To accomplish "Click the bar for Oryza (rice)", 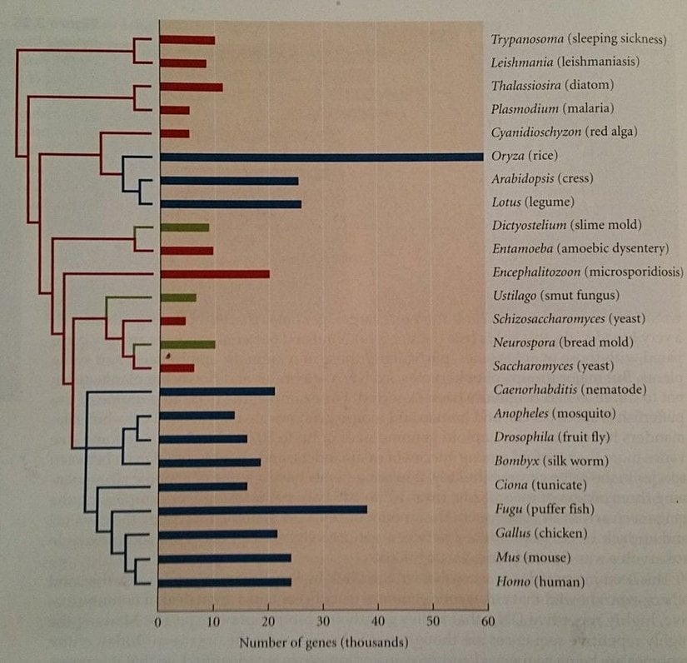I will tap(321, 157).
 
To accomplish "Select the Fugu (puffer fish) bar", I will tap(262, 510).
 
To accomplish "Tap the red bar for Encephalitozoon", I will tap(213, 273).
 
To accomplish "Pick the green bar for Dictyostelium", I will tap(184, 227).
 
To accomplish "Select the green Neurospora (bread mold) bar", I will tap(187, 344).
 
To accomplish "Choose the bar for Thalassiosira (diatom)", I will tap(190, 86).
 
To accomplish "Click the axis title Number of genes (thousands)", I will tap(324, 643).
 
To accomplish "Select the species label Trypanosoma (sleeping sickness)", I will tap(579, 39).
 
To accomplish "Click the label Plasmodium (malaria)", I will tap(552, 109).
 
